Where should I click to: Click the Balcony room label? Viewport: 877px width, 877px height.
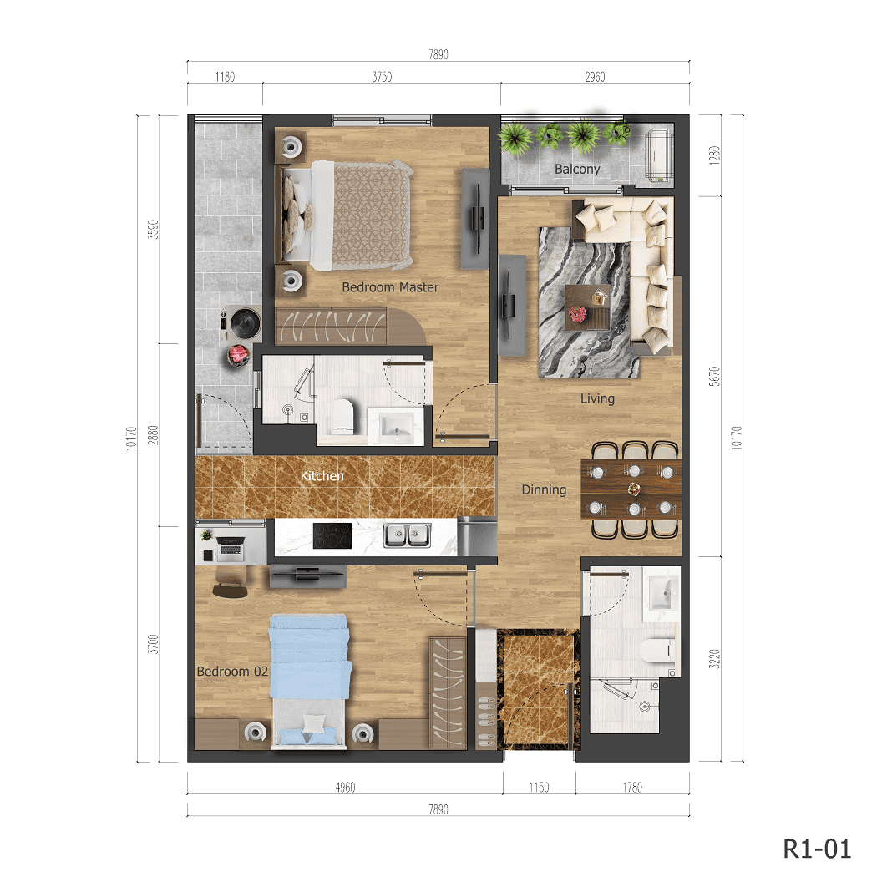(x=577, y=170)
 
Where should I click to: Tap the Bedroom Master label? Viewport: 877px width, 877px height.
(x=390, y=287)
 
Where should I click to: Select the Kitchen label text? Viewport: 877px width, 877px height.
(x=322, y=476)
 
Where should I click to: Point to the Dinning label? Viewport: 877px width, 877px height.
(x=544, y=490)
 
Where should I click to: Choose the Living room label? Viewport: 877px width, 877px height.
(x=597, y=399)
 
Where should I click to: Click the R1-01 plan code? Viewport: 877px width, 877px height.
(x=817, y=849)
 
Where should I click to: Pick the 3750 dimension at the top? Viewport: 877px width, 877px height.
(x=382, y=77)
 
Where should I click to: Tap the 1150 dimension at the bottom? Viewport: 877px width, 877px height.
(x=539, y=787)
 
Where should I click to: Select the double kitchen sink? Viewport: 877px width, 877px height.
(x=407, y=535)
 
